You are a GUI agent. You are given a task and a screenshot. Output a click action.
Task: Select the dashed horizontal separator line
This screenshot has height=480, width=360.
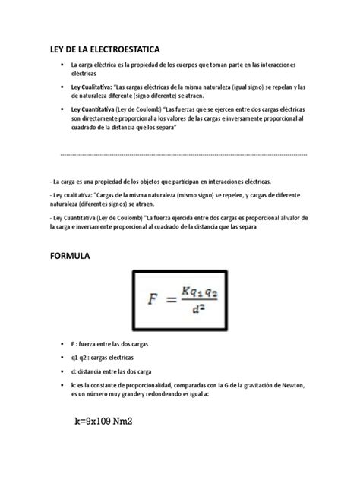[182, 154]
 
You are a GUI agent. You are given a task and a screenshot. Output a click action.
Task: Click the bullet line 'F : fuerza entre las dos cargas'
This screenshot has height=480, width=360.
[110, 344]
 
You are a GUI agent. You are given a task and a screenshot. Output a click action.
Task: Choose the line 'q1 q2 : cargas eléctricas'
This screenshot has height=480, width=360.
[103, 357]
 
